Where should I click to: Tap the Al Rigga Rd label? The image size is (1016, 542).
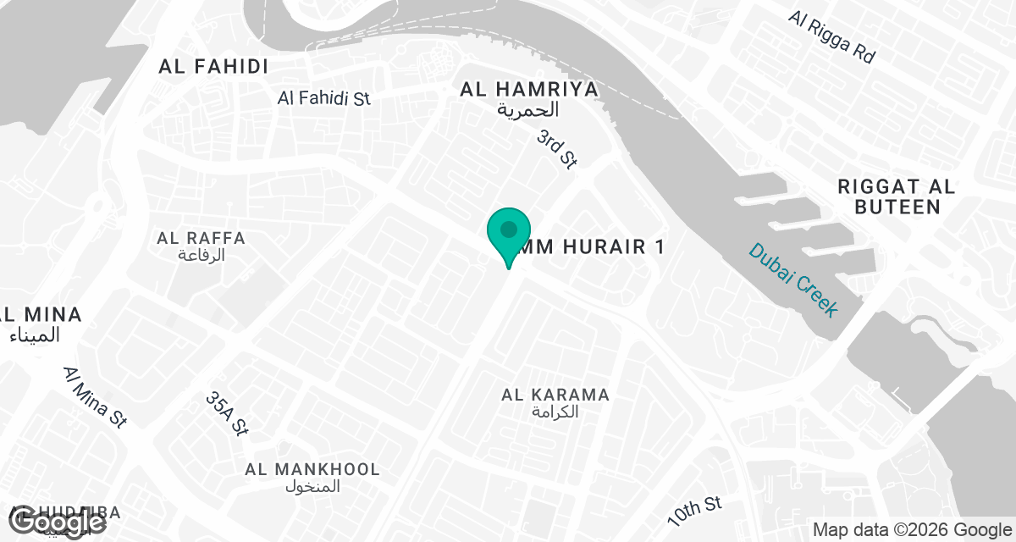831,37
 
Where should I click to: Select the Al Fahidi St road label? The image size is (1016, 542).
324,98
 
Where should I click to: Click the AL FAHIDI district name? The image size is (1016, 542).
213,67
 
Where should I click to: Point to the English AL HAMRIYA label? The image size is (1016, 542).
528,89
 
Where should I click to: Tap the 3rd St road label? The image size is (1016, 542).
557,149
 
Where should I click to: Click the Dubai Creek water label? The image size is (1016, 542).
793,279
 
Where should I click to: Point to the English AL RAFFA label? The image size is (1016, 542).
202,238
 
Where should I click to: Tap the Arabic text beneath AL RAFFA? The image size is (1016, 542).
202,255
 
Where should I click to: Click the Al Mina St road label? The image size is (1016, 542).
95,397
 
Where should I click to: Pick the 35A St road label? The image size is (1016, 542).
227,414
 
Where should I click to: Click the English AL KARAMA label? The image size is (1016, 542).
555,395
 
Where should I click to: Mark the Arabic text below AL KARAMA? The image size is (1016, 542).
555,412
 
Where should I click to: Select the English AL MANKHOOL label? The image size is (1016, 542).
312,469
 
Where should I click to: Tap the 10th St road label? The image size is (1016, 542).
693,510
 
